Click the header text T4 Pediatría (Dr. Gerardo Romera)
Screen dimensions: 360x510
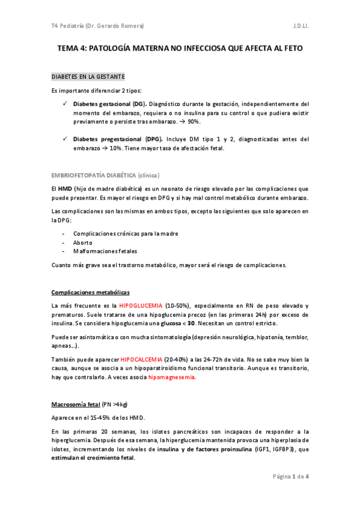(97, 26)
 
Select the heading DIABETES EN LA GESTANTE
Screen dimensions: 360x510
(88, 77)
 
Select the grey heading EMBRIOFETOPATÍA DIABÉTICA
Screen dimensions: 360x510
(105, 175)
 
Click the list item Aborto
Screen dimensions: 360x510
(82, 242)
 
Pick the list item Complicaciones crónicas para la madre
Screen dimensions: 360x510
(125, 233)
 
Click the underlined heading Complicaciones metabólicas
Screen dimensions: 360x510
(90, 292)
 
